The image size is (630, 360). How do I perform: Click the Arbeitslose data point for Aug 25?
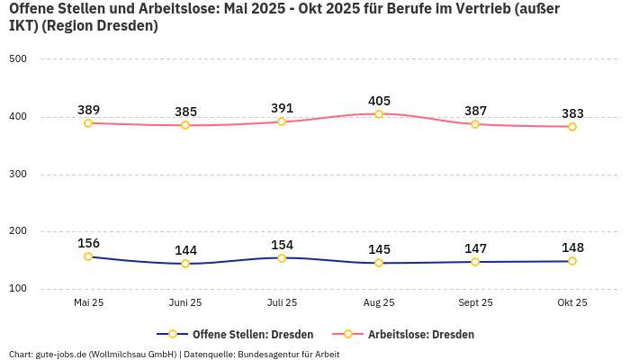point(379,114)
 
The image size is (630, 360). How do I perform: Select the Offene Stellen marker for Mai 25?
point(88,256)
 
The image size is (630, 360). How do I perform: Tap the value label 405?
point(379,101)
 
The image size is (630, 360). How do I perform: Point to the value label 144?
point(185,250)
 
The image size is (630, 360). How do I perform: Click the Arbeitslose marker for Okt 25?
point(572,127)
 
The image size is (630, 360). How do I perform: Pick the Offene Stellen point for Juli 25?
point(282,258)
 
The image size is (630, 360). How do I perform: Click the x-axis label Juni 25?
point(185,302)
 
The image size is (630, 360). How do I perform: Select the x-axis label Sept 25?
point(475,302)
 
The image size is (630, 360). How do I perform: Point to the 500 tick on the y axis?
point(18,59)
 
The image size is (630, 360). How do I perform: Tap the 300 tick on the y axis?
point(18,175)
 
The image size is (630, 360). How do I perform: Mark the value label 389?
point(88,109)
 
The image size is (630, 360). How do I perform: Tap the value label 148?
point(572,247)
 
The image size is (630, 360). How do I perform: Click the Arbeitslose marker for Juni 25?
point(185,125)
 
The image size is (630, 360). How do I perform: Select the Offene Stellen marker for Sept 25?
point(475,262)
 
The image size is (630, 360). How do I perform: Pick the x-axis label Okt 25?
point(572,302)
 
